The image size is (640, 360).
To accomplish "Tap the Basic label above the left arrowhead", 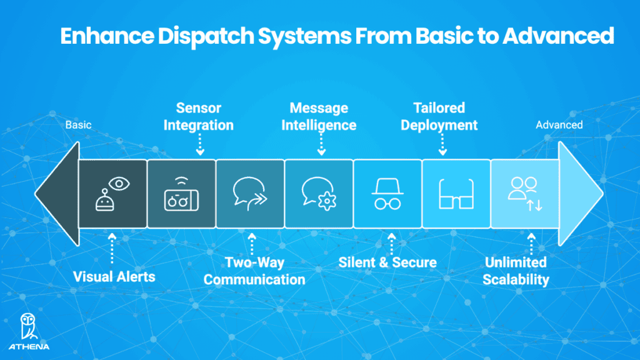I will point(78,125).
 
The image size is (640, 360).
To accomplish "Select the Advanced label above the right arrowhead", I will point(559,125).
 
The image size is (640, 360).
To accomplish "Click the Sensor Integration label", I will point(199,117).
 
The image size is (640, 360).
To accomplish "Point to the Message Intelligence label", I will point(319,117).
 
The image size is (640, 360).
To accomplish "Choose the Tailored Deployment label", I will point(439,117).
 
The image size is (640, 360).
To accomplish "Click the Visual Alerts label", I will point(114,276).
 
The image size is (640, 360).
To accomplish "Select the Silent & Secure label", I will point(387,262).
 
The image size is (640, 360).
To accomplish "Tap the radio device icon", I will point(181,193).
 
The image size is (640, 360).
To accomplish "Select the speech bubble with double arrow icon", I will point(250,193).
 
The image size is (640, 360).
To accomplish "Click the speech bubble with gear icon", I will point(319,193).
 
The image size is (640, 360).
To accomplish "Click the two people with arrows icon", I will point(524,193).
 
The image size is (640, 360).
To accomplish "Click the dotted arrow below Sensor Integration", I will point(199,146).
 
